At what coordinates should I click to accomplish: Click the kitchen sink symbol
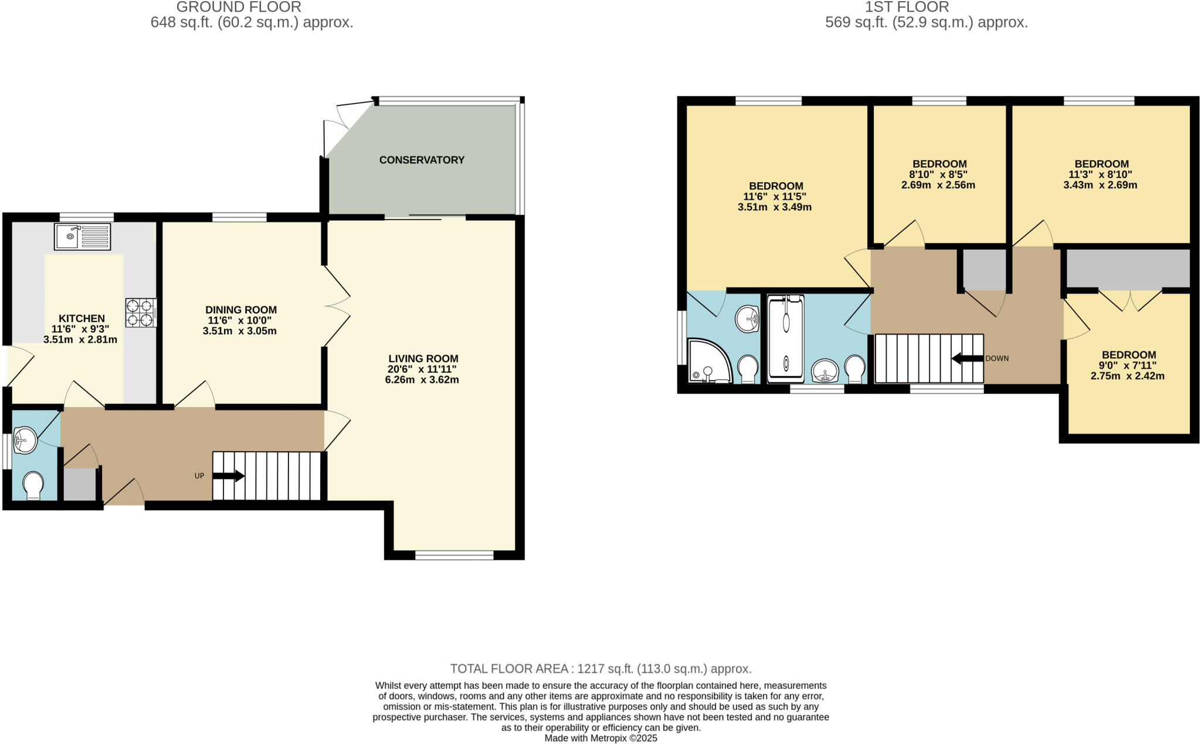tap(82, 237)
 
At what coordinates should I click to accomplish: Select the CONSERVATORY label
tap(422, 160)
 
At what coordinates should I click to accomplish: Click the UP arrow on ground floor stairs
tap(228, 476)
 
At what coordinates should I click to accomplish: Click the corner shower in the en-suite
tap(709, 361)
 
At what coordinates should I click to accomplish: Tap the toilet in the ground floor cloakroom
tap(33, 485)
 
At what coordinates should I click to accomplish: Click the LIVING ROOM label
tap(423, 359)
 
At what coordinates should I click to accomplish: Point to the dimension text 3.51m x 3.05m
tap(239, 331)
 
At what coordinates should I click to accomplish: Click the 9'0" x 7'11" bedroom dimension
tap(1128, 366)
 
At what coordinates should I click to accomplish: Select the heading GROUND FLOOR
tap(239, 7)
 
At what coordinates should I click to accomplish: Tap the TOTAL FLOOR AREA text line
tap(600, 668)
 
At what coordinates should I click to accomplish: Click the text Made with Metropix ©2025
tap(600, 738)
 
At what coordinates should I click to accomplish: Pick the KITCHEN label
tap(82, 319)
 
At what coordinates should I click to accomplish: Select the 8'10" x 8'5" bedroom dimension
tap(938, 175)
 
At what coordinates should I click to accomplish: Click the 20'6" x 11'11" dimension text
tap(422, 369)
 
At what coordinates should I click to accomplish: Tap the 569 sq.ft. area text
tap(927, 23)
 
